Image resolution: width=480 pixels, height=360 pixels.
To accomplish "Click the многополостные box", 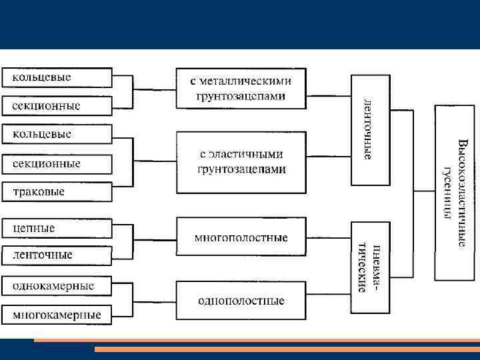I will tap(241, 237).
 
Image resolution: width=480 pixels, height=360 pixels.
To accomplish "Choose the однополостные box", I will tap(241, 301).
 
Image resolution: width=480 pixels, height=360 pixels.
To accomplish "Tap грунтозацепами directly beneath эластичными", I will tap(241, 169).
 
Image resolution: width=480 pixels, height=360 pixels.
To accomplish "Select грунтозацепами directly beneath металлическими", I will tap(241, 96).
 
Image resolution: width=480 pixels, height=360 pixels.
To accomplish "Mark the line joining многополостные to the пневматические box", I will tap(329, 238).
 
